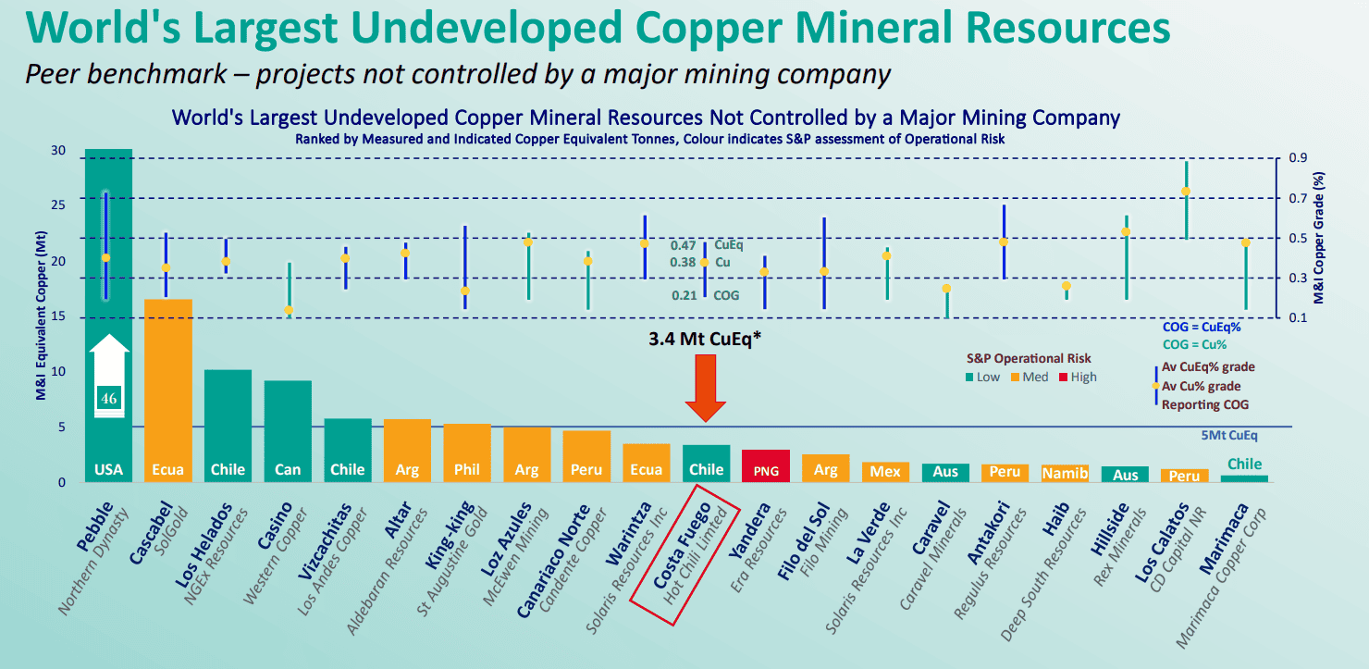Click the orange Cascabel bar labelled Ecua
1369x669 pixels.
coord(168,390)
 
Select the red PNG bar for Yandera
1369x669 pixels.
coord(766,466)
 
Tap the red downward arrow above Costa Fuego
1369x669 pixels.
coord(706,388)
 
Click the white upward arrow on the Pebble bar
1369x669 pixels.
coord(109,376)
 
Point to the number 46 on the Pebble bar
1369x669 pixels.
coord(109,399)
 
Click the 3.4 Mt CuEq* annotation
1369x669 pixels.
coord(705,339)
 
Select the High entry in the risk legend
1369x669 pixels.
coord(1079,378)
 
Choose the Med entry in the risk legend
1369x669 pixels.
coord(1030,378)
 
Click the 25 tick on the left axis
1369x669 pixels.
coord(58,204)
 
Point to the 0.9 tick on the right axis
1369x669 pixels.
coord(1298,158)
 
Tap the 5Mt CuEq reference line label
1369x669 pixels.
coord(1229,436)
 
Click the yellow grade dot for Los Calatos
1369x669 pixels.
coord(1186,192)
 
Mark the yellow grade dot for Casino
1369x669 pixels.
coord(290,310)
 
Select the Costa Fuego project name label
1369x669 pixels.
coord(681,546)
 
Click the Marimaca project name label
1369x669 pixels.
coord(1223,539)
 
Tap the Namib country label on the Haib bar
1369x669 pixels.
coord(1065,474)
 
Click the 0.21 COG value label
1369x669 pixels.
coord(684,296)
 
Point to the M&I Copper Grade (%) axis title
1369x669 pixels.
coord(1319,238)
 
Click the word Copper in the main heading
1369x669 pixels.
coord(709,28)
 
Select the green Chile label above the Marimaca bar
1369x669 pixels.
coord(1244,465)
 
